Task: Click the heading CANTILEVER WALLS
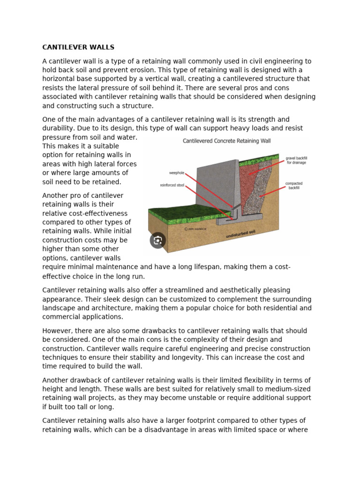(78, 47)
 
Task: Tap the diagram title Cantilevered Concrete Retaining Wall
(226, 140)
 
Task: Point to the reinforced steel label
(172, 185)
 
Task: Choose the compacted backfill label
(293, 185)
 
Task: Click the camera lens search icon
(158, 240)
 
